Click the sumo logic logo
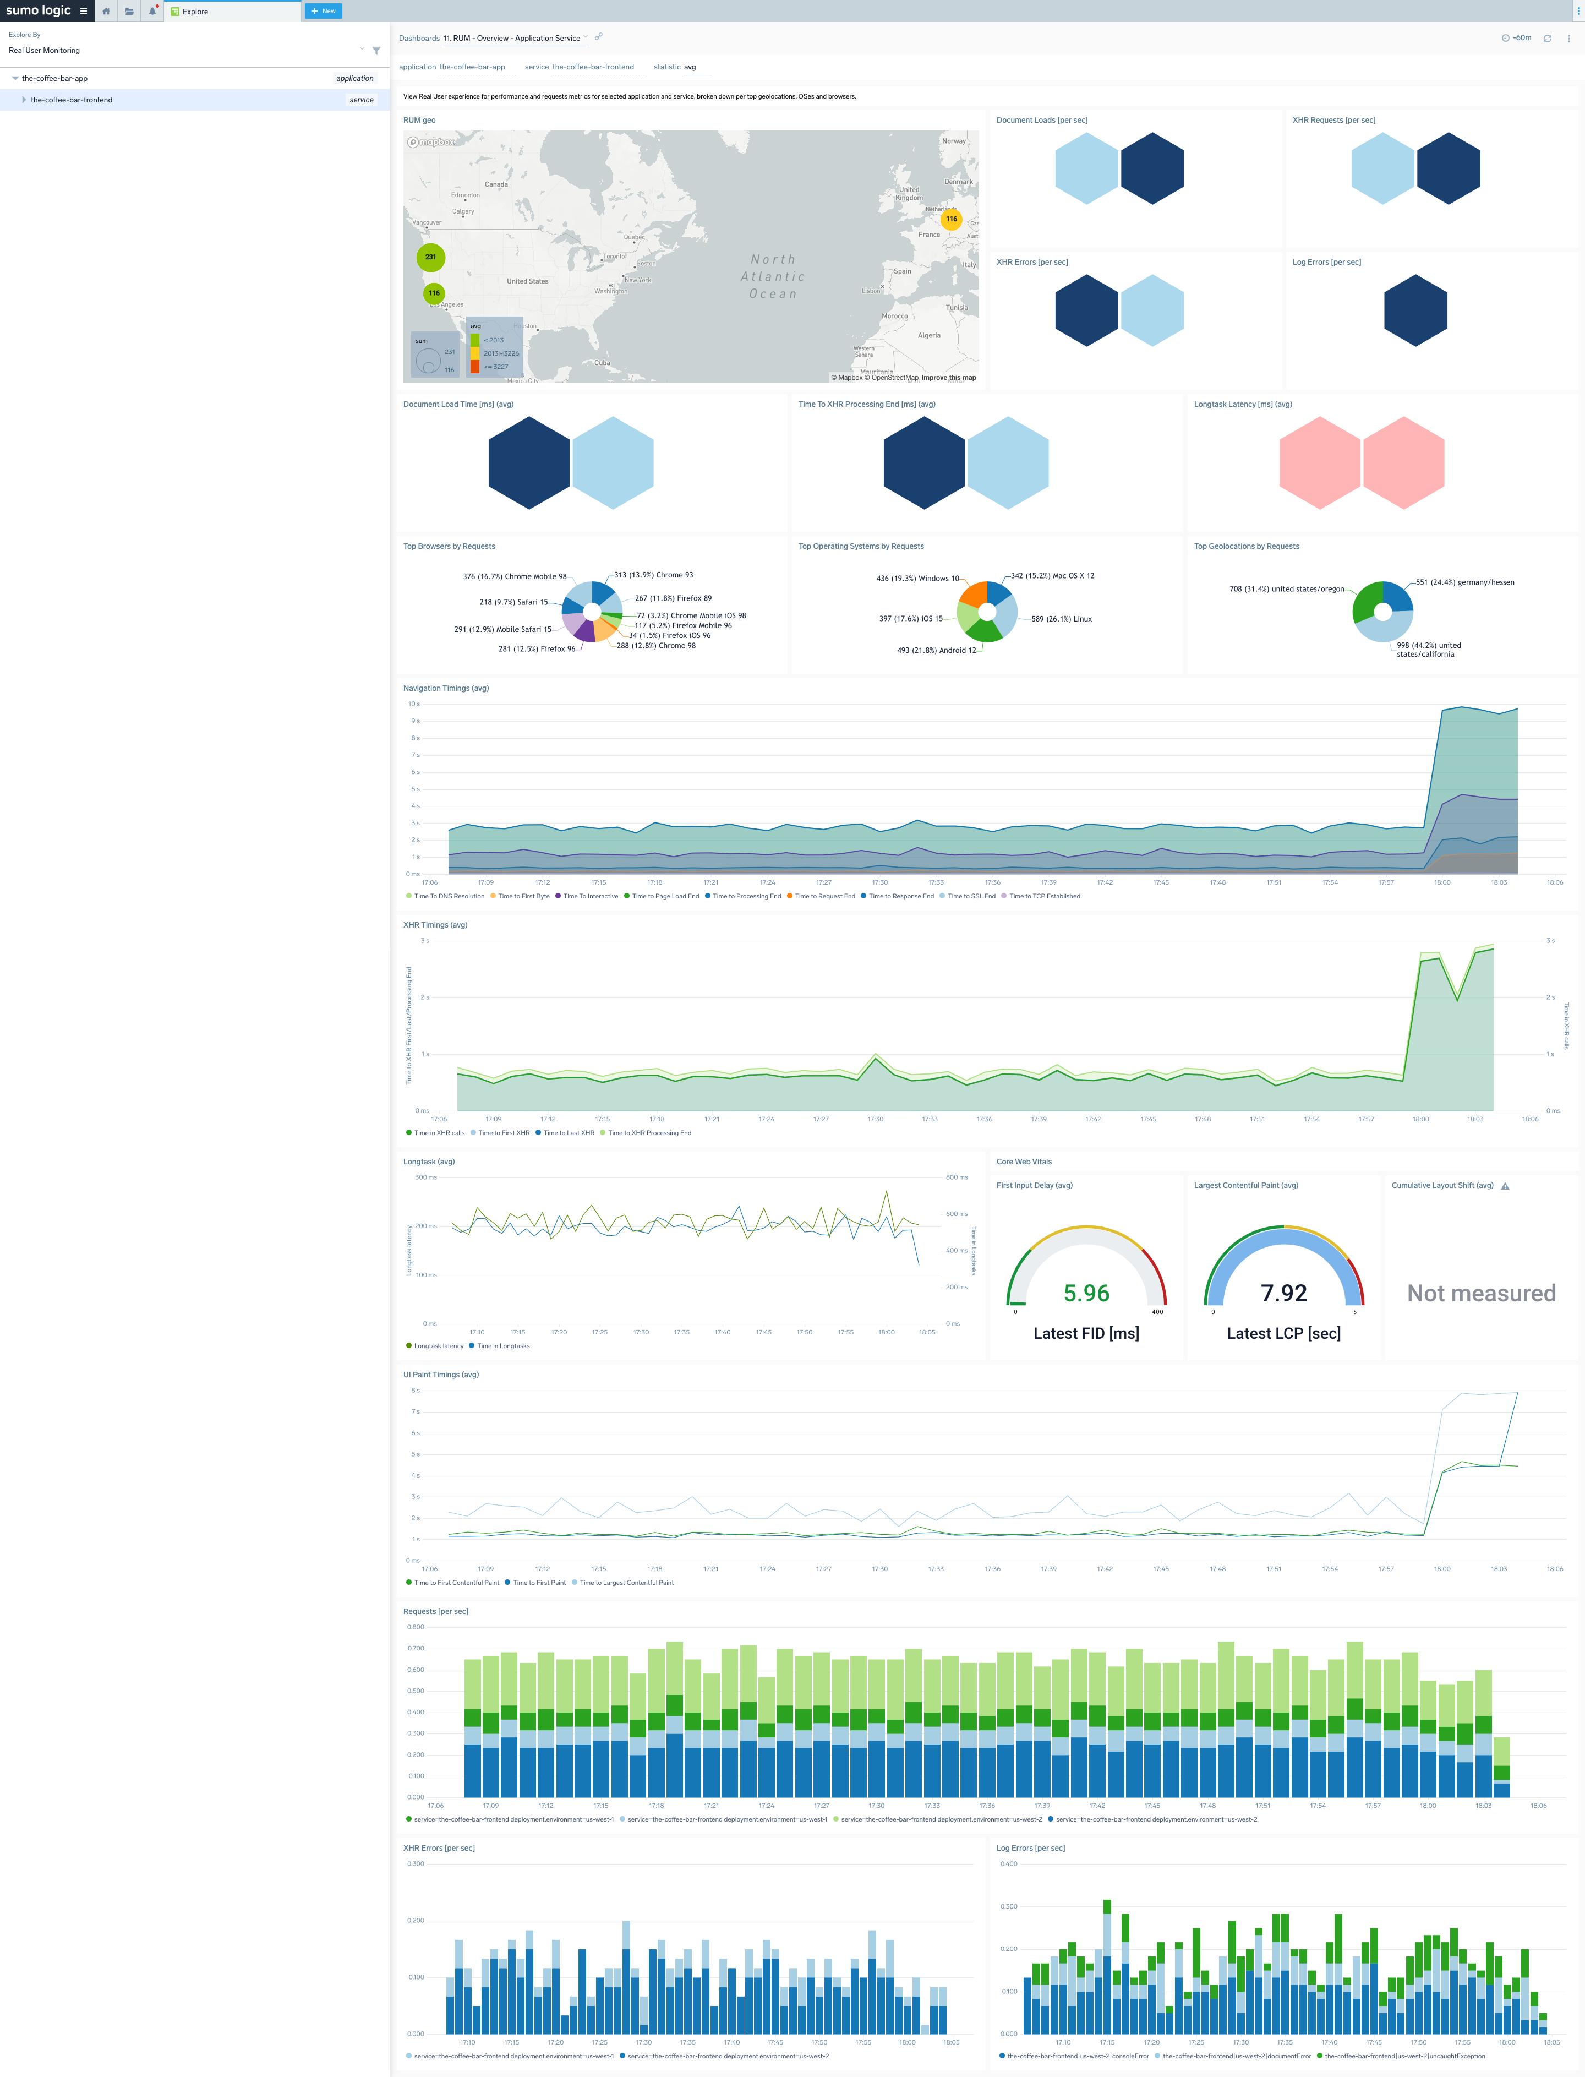tap(39, 10)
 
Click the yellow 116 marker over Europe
tap(951, 219)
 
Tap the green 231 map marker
tap(430, 257)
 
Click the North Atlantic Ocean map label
tap(773, 276)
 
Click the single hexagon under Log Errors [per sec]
tap(1414, 310)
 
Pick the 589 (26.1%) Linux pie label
tap(1062, 619)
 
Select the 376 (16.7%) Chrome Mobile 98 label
tap(514, 576)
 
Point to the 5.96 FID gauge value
tap(1086, 1293)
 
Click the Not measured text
tap(1481, 1293)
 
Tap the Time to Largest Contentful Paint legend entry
tap(626, 1583)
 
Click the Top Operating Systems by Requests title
tap(860, 547)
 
